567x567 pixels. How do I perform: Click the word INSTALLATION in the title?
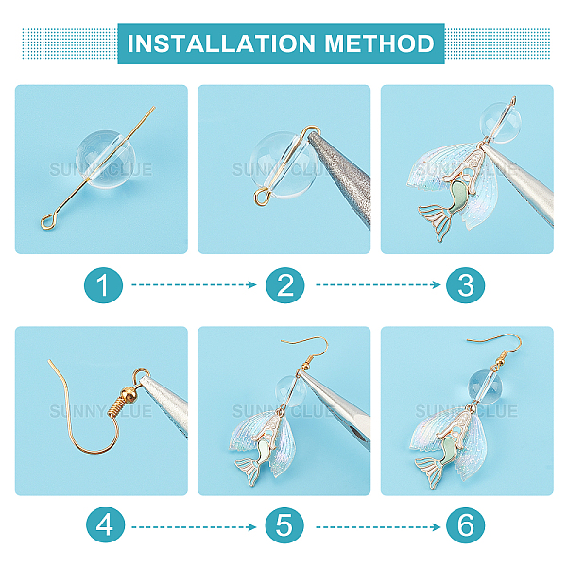pos(221,43)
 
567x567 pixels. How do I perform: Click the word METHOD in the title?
pos(379,43)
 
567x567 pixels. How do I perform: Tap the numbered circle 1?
pos(103,285)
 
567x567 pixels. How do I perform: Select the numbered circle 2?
pos(285,285)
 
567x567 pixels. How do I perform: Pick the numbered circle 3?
pos(465,285)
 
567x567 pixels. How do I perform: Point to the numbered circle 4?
pos(105,524)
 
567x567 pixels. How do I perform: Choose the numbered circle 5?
pos(284,524)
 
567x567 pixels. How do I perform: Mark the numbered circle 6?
pos(465,524)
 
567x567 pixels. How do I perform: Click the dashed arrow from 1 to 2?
pos(194,285)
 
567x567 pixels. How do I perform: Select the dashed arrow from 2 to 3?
pos(378,285)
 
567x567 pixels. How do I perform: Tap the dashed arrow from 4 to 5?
pos(194,527)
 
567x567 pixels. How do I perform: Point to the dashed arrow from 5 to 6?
pos(378,527)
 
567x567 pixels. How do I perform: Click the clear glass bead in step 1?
pos(106,159)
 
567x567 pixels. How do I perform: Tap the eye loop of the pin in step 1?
pos(47,222)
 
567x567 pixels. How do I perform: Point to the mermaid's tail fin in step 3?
pos(436,221)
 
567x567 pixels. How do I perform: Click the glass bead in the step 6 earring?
pos(484,387)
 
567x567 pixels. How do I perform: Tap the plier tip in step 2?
pos(314,136)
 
